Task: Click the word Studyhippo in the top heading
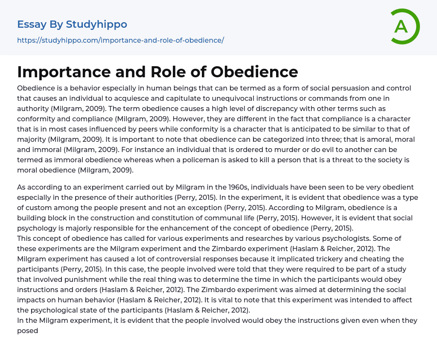[96, 24]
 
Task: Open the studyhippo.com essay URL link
[120, 40]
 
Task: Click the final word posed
[28, 331]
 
